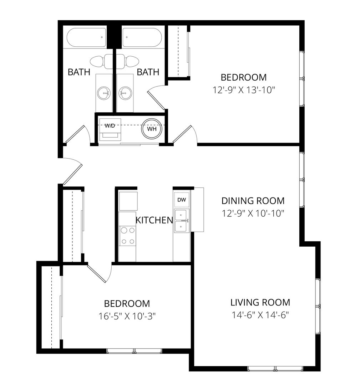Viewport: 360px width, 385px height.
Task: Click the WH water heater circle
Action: tap(152, 129)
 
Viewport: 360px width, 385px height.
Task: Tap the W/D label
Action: tap(110, 125)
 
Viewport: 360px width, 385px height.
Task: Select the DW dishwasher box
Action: tap(182, 200)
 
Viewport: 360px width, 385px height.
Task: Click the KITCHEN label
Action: tap(154, 220)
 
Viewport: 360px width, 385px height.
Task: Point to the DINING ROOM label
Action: tap(253, 200)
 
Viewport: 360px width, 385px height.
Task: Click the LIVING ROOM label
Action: tap(260, 303)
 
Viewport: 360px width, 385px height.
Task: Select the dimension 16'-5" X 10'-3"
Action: tap(127, 316)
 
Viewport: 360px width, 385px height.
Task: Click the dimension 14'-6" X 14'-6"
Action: tap(260, 315)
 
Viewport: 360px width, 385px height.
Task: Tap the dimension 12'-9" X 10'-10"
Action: tap(253, 213)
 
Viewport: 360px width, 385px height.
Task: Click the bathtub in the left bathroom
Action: tap(87, 37)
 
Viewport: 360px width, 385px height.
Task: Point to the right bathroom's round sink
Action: tap(125, 93)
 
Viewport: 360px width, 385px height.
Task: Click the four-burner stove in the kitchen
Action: tap(128, 236)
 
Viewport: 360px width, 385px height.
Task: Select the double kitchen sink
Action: tap(182, 221)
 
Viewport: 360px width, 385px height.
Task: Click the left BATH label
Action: tap(79, 72)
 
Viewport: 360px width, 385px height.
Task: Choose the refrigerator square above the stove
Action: tap(128, 201)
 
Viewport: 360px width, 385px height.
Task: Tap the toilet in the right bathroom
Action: tap(130, 61)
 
